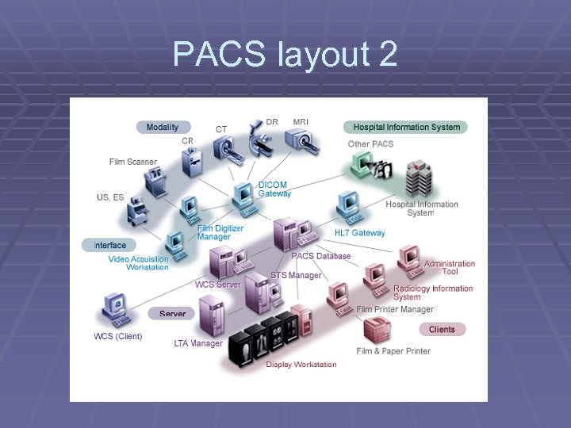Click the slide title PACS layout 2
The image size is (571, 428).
(285, 54)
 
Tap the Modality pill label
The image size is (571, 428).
(162, 127)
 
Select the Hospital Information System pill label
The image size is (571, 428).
(405, 127)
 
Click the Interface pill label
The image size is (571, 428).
(109, 245)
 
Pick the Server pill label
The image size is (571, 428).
(172, 314)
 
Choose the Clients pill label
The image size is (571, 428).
(442, 329)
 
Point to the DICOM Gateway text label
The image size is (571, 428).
(274, 189)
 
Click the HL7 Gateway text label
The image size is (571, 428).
(359, 233)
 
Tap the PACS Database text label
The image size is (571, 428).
(321, 256)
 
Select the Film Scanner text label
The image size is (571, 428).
(133, 162)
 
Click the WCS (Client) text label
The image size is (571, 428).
(118, 336)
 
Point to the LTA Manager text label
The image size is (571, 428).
(198, 343)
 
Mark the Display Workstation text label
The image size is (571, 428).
(301, 365)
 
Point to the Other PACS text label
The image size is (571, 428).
(370, 144)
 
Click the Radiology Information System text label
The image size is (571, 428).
(433, 292)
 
